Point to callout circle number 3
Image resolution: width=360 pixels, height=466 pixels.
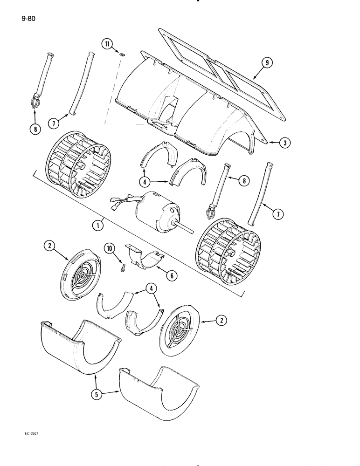(x=283, y=143)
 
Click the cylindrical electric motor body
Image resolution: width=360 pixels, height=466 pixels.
(x=154, y=212)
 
